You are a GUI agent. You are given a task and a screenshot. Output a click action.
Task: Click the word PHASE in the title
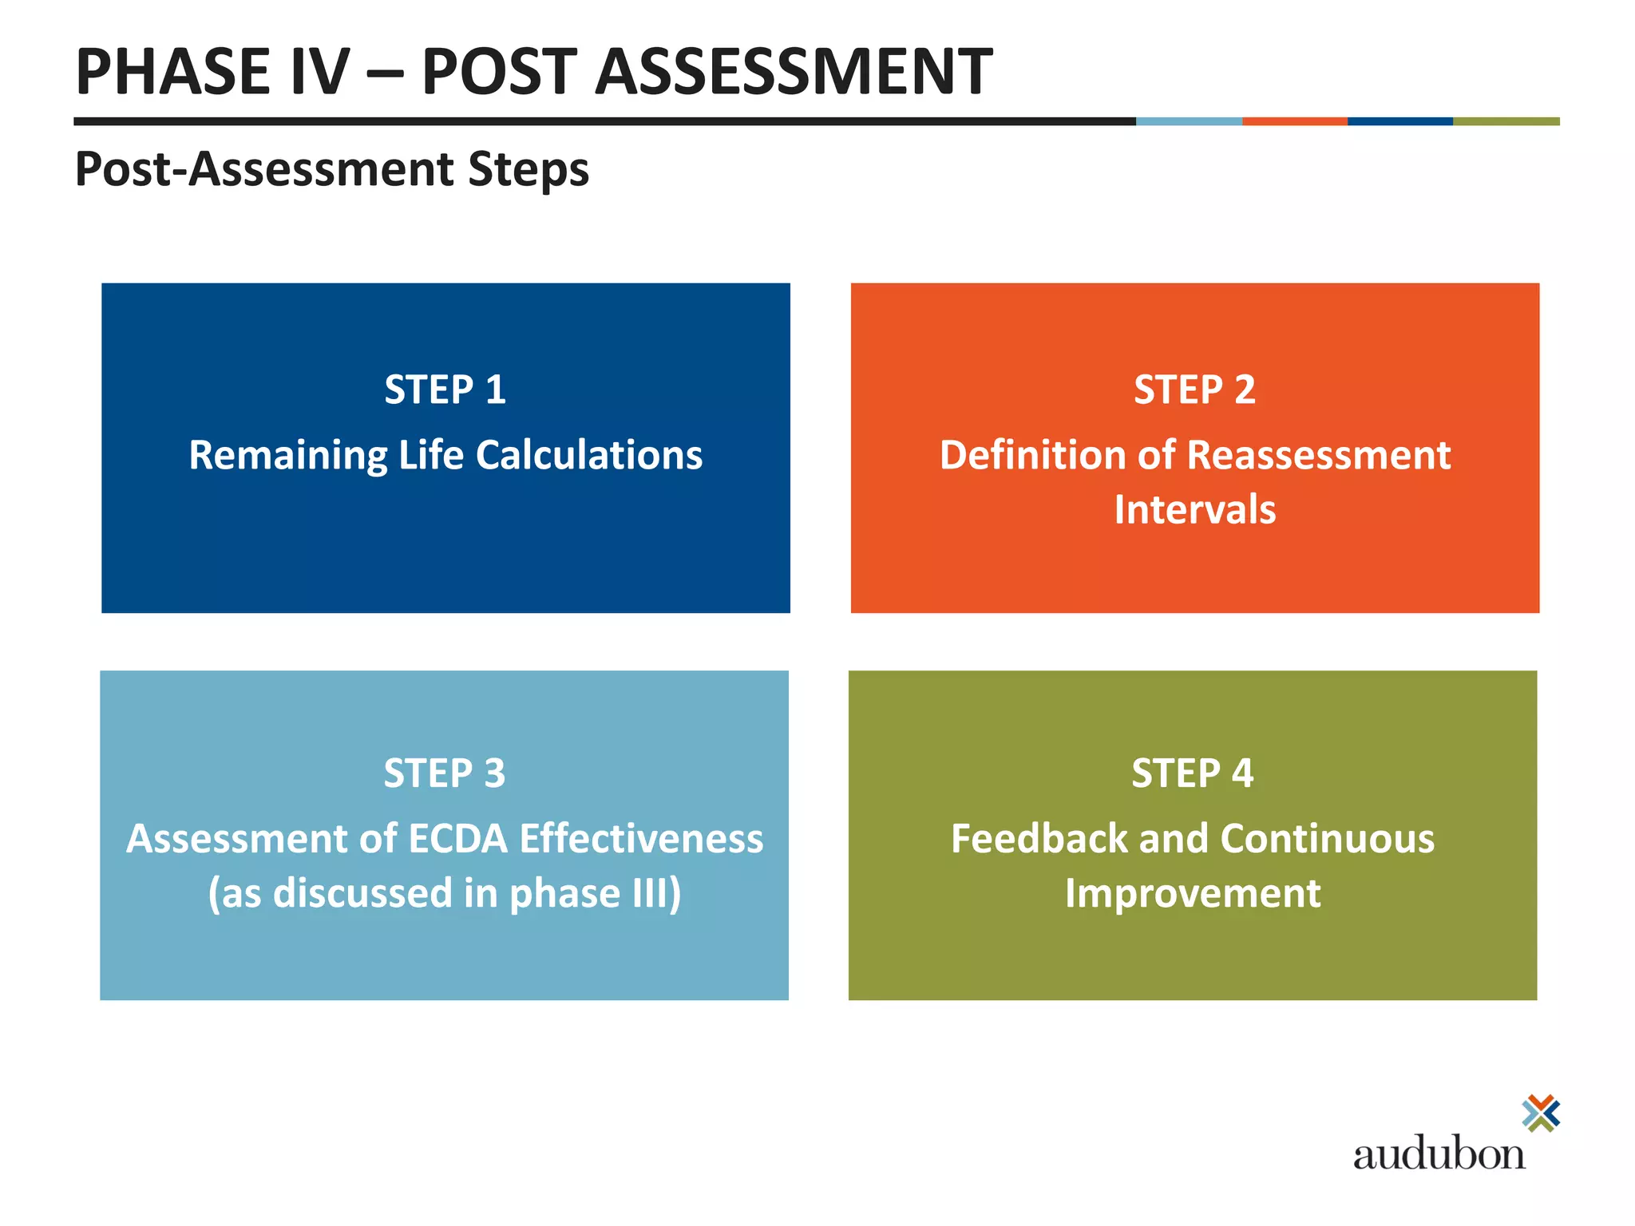(x=172, y=72)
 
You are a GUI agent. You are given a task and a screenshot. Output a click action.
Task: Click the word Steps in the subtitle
(x=528, y=169)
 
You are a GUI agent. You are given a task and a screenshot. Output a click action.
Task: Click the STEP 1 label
(x=445, y=390)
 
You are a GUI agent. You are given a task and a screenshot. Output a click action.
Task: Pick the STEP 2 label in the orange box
(x=1194, y=390)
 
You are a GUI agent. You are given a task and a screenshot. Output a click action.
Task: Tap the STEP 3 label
(x=444, y=773)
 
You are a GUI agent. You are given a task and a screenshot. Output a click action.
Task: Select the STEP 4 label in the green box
(x=1192, y=773)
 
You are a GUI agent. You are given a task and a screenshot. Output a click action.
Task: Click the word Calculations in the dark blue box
(x=589, y=455)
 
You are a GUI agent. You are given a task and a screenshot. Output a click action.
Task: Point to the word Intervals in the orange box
(x=1194, y=509)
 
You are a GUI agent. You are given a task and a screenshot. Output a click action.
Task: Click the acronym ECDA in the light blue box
(x=457, y=839)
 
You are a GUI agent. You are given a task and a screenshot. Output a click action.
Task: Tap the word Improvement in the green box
(x=1192, y=893)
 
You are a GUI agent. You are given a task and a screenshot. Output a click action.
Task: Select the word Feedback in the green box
(x=1039, y=839)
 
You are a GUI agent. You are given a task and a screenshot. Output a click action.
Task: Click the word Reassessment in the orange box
(x=1318, y=455)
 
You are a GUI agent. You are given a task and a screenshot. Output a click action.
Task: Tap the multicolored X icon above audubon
(x=1540, y=1113)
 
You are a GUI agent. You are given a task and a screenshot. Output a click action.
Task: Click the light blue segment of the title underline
(x=1189, y=121)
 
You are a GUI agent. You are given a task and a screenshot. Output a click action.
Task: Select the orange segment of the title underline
(x=1294, y=121)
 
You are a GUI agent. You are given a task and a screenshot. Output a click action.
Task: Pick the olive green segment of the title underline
(x=1506, y=121)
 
